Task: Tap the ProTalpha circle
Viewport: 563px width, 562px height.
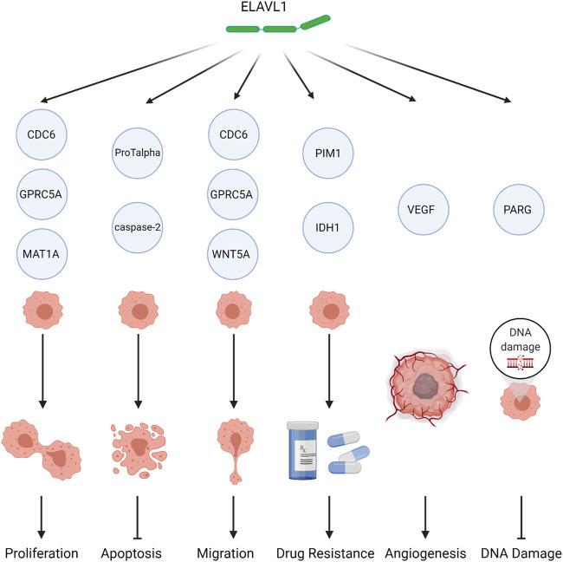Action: pyautogui.click(x=139, y=153)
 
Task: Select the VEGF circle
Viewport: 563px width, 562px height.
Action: pyautogui.click(x=420, y=209)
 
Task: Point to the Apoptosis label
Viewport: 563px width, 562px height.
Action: pyautogui.click(x=139, y=552)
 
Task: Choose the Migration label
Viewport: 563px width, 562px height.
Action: pyautogui.click(x=232, y=552)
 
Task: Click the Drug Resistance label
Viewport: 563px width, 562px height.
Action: pyautogui.click(x=327, y=552)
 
